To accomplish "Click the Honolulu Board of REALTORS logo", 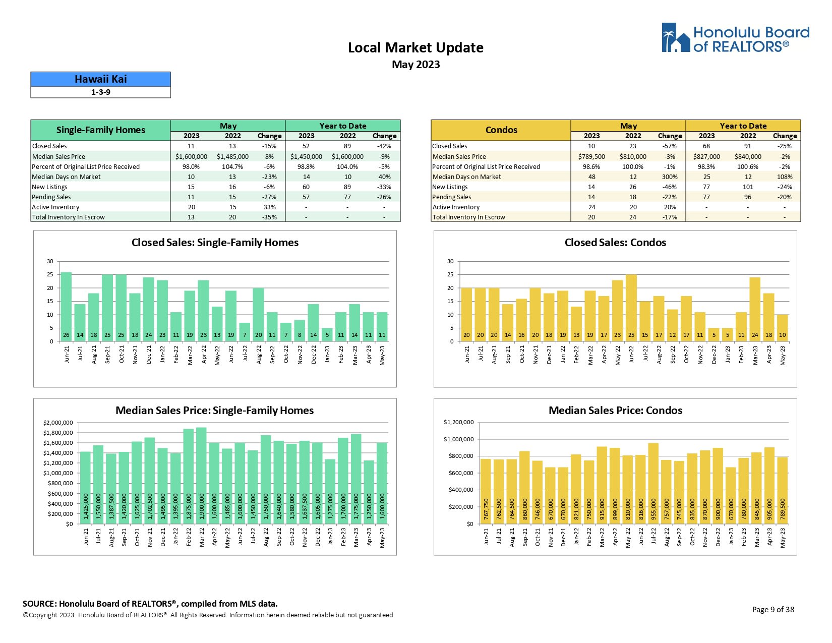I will pyautogui.click(x=735, y=38).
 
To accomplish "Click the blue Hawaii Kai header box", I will pyautogui.click(x=100, y=79).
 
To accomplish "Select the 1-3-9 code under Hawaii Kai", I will pyautogui.click(x=100, y=92).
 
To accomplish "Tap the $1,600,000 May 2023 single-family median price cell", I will pyautogui.click(x=191, y=157).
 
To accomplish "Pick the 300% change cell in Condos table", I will pyautogui.click(x=670, y=177).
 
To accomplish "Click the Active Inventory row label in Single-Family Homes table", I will pyautogui.click(x=55, y=207).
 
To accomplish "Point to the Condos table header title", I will pyautogui.click(x=501, y=130).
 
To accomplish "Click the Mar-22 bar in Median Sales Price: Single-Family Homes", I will pyautogui.click(x=202, y=476).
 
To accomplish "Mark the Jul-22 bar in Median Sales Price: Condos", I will pyautogui.click(x=653, y=483).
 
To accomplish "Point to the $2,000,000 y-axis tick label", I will pyautogui.click(x=58, y=423).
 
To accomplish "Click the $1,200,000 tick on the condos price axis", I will pyautogui.click(x=458, y=422).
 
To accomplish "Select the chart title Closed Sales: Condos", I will pyautogui.click(x=615, y=243).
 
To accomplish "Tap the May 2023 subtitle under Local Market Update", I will pyautogui.click(x=415, y=65).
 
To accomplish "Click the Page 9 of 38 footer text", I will pyautogui.click(x=772, y=610).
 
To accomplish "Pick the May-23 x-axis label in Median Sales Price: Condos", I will pyautogui.click(x=783, y=538).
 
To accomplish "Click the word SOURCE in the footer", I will pyautogui.click(x=38, y=604).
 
